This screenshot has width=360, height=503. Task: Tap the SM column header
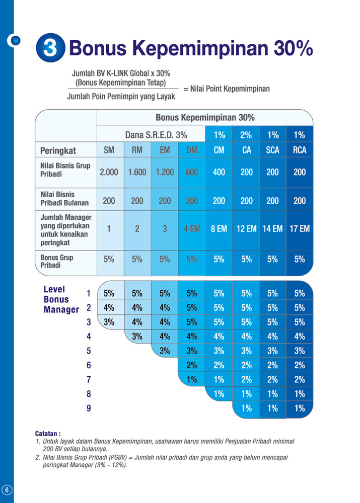pyautogui.click(x=109, y=150)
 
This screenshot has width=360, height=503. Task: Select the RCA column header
pyautogui.click(x=300, y=150)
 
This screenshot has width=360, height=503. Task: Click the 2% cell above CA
pyautogui.click(x=246, y=134)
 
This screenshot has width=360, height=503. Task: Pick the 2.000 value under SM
pyautogui.click(x=109, y=172)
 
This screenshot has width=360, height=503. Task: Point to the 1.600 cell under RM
pyautogui.click(x=137, y=172)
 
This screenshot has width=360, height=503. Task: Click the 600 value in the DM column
pyautogui.click(x=192, y=172)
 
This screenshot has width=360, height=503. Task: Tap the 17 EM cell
pyautogui.click(x=300, y=228)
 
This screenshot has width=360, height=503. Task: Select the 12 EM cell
pyautogui.click(x=246, y=228)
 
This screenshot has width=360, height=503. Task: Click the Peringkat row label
pyautogui.click(x=58, y=150)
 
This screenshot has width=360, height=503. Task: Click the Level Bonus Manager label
pyautogui.click(x=61, y=299)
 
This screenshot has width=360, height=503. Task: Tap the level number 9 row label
pyautogui.click(x=89, y=408)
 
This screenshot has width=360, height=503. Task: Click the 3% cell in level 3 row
pyautogui.click(x=109, y=322)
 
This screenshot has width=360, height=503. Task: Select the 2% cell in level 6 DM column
pyautogui.click(x=192, y=365)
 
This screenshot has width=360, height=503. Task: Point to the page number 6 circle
pyautogui.click(x=7, y=490)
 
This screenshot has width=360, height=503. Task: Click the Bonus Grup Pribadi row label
pyautogui.click(x=57, y=261)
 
